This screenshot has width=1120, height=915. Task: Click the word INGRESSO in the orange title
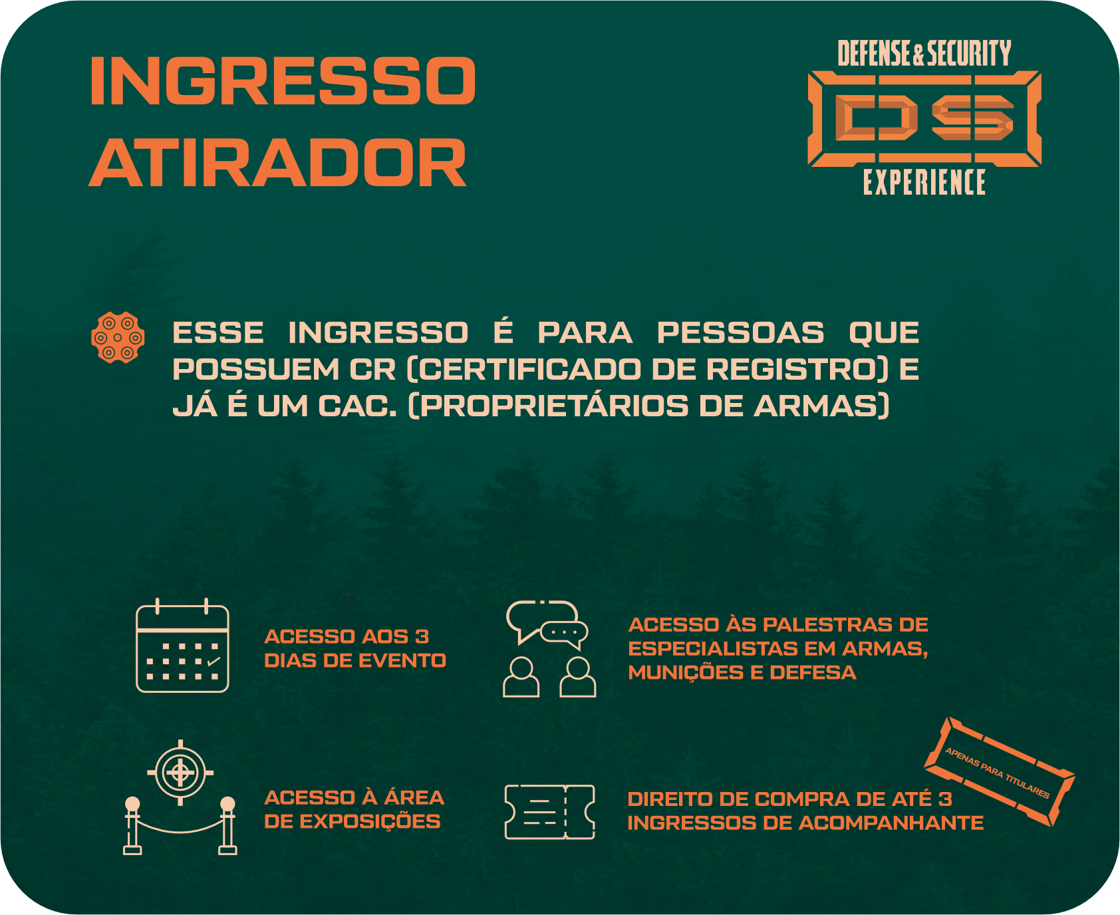click(283, 80)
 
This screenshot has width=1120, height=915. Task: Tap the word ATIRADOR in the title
click(278, 163)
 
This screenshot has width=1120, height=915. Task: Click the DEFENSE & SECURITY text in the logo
click(924, 53)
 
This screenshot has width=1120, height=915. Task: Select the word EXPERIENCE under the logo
click(924, 182)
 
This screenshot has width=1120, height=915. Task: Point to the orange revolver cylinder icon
click(118, 337)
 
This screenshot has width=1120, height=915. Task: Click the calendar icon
click(182, 646)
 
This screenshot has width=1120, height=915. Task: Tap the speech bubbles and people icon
click(549, 648)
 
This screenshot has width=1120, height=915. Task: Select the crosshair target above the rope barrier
click(180, 773)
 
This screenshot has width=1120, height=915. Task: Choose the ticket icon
click(549, 812)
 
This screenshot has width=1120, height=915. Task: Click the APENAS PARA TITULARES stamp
click(999, 771)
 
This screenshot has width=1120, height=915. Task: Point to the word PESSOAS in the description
click(740, 332)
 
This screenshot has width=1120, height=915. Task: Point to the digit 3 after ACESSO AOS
click(422, 636)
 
